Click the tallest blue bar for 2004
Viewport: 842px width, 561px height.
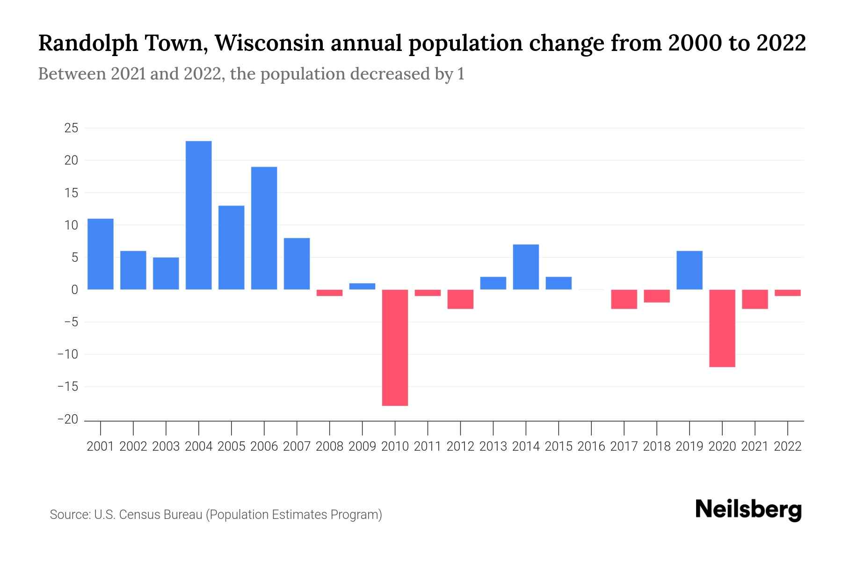(x=198, y=215)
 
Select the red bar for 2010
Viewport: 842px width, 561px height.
(x=395, y=347)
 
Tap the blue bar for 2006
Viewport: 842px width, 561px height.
(x=264, y=228)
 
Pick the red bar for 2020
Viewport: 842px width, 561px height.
(x=722, y=328)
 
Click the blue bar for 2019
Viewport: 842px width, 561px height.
(x=689, y=270)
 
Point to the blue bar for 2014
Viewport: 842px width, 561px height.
(x=526, y=267)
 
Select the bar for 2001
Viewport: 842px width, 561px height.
(x=101, y=254)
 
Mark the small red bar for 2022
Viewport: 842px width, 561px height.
(x=787, y=293)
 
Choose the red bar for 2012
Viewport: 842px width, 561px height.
(x=460, y=299)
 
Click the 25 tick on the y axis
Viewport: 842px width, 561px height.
(x=71, y=128)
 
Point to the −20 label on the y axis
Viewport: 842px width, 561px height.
(x=67, y=419)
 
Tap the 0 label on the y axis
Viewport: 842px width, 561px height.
(x=74, y=290)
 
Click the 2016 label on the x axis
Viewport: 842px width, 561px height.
(x=591, y=446)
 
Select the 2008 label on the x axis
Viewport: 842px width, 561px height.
(x=329, y=446)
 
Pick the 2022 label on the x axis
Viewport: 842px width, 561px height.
(x=788, y=446)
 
